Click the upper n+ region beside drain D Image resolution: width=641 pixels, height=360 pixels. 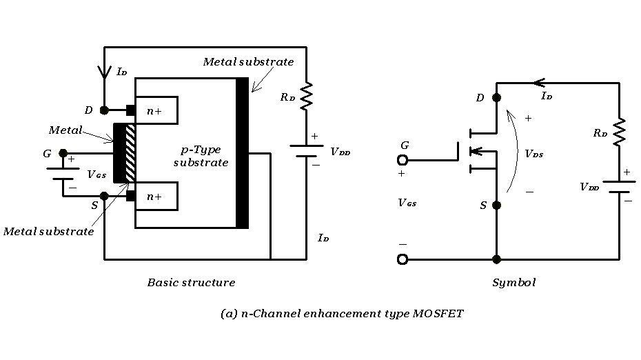(x=156, y=110)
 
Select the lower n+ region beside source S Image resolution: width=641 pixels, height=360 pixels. (x=156, y=196)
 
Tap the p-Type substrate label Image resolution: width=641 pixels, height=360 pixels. (x=200, y=156)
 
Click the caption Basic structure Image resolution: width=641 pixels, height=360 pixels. (x=191, y=283)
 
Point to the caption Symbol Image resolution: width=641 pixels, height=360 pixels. (x=513, y=283)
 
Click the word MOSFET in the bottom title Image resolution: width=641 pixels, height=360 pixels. (x=438, y=314)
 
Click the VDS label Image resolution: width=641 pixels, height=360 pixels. (x=533, y=154)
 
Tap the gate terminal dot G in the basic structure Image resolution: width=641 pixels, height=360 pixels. (x=63, y=153)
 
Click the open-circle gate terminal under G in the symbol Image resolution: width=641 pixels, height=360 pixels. (x=403, y=160)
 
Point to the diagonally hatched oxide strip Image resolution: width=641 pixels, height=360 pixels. (x=131, y=153)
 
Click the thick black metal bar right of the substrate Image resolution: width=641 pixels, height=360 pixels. (x=242, y=153)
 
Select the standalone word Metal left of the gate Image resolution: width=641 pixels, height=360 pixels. (x=65, y=130)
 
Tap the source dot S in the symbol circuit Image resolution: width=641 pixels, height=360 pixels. (x=496, y=205)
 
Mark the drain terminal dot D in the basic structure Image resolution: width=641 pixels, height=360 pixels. (x=104, y=110)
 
